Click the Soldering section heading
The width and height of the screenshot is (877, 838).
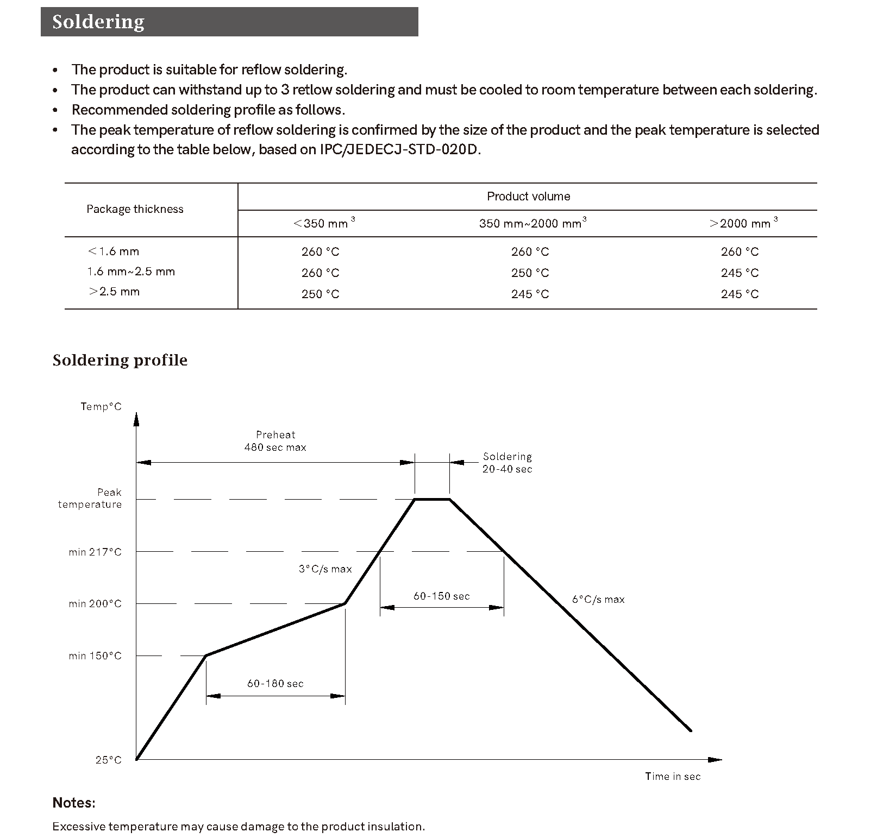[x=98, y=22]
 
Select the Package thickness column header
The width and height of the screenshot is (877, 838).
[x=135, y=209]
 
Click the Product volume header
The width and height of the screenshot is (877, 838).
[x=528, y=197]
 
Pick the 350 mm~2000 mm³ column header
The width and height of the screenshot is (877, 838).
[x=532, y=223]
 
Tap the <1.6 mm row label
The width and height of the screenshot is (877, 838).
[x=114, y=251]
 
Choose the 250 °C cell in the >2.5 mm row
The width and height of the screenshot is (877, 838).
[x=320, y=294]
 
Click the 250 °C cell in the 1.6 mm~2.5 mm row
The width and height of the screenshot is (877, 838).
[x=530, y=273]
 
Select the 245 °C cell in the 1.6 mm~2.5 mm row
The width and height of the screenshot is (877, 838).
[x=740, y=273]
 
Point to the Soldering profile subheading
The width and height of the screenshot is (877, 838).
[x=120, y=360]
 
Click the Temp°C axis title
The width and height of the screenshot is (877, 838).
[x=101, y=407]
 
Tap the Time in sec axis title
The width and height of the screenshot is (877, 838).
[x=673, y=777]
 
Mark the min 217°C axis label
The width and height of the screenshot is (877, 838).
[x=95, y=552]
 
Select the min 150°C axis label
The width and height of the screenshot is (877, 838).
[x=95, y=656]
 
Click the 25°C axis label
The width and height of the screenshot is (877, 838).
[x=109, y=760]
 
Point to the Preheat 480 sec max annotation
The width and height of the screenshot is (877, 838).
[x=275, y=441]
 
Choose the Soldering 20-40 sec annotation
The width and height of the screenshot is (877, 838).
[x=507, y=463]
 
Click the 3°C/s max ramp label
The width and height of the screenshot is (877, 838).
[x=325, y=569]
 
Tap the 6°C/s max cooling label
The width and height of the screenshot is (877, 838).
[x=598, y=600]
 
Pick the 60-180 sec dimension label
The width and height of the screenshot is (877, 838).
[x=275, y=684]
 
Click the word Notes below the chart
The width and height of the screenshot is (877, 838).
[x=74, y=803]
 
